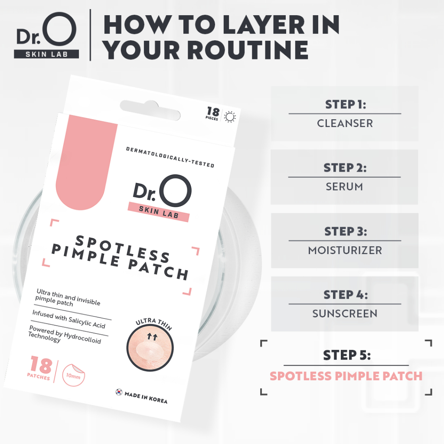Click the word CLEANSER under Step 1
[345, 124]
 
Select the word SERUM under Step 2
[344, 187]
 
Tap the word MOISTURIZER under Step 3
[345, 250]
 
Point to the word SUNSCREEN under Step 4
[345, 314]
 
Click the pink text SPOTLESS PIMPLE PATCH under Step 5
[346, 376]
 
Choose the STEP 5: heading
[346, 355]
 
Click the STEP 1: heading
[346, 104]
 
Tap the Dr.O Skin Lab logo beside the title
[46, 35]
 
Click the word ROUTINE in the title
[205, 50]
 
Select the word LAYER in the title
[264, 25]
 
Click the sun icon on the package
[230, 117]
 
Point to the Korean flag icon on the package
[119, 392]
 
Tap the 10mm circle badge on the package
[73, 375]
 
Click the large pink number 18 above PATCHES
[41, 365]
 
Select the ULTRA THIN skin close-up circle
[150, 348]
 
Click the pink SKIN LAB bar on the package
[159, 212]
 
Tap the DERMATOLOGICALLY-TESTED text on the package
[170, 157]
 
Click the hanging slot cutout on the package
[150, 110]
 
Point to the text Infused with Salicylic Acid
[69, 319]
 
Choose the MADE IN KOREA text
[146, 397]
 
